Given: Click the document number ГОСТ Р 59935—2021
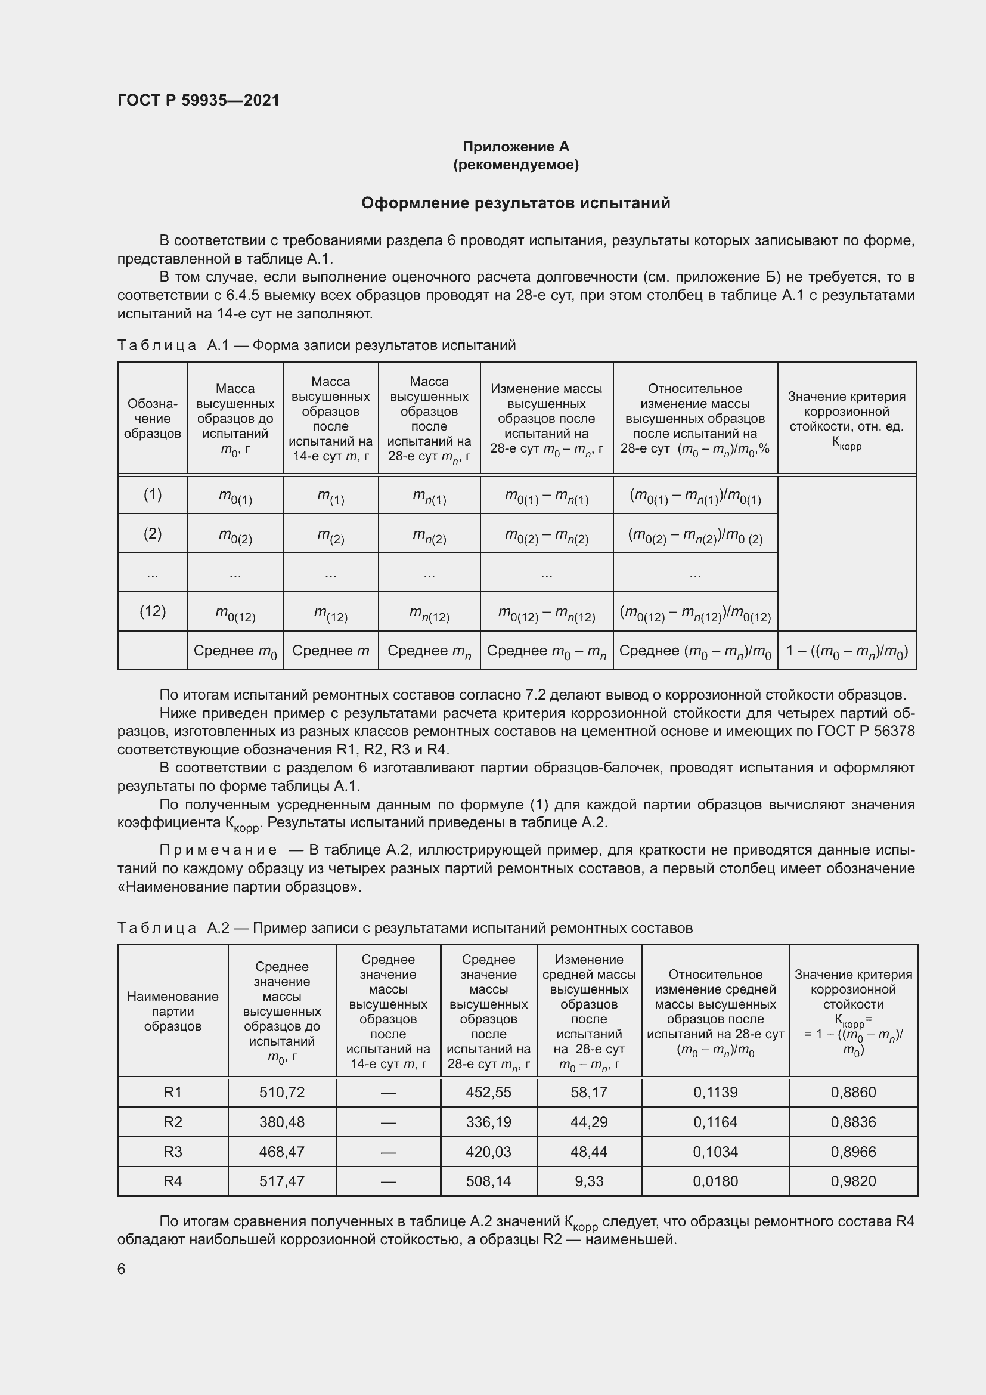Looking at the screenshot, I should click(x=199, y=100).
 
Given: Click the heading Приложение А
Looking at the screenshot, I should click(x=516, y=147).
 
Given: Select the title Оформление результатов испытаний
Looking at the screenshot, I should click(x=516, y=203).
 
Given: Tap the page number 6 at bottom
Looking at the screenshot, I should click(x=122, y=1269).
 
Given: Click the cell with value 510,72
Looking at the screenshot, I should click(x=282, y=1093).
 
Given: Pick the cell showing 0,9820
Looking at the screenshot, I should click(x=853, y=1181).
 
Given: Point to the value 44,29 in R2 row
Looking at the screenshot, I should click(x=588, y=1122).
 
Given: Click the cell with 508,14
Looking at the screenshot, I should click(x=488, y=1181).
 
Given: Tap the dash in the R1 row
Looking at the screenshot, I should click(x=388, y=1093).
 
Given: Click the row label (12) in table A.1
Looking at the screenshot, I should click(x=153, y=611).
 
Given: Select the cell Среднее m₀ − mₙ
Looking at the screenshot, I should click(x=547, y=651).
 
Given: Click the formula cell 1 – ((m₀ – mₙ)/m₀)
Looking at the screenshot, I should click(x=847, y=651).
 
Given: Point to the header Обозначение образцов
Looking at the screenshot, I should click(x=153, y=419).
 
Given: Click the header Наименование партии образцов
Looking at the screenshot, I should click(x=172, y=1012).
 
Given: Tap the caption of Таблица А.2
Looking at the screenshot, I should click(x=404, y=928).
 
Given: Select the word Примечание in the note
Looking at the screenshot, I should click(x=218, y=850).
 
